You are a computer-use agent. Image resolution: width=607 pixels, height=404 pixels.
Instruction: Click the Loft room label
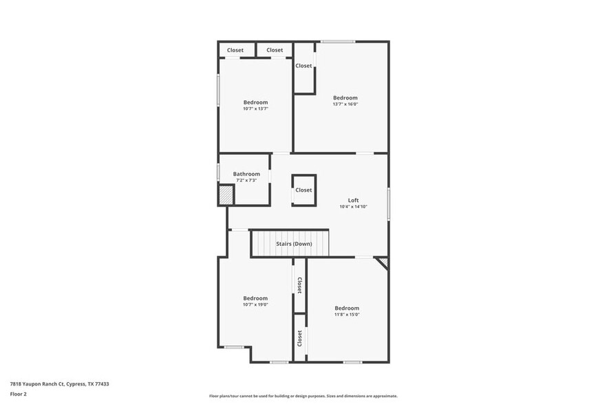pyautogui.click(x=353, y=200)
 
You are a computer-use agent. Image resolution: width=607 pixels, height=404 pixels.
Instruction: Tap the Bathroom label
pyautogui.click(x=246, y=174)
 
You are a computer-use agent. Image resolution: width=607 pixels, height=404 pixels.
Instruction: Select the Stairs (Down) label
pyautogui.click(x=294, y=244)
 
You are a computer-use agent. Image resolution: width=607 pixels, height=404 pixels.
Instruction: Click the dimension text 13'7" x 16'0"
pyautogui.click(x=345, y=104)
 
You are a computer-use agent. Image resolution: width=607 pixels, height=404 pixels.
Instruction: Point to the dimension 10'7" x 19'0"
pyautogui.click(x=255, y=304)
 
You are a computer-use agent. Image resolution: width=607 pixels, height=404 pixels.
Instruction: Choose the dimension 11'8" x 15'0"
pyautogui.click(x=347, y=315)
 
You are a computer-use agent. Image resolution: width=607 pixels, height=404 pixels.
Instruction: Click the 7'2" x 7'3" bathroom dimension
pyautogui.click(x=246, y=181)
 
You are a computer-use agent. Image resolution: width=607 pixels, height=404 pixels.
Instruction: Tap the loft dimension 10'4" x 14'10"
pyautogui.click(x=353, y=207)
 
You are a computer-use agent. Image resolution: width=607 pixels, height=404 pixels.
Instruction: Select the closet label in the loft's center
pyautogui.click(x=303, y=190)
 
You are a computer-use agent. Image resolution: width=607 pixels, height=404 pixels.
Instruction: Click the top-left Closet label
pyautogui.click(x=235, y=50)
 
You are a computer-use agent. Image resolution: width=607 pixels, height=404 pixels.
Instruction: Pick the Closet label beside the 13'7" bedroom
pyautogui.click(x=303, y=66)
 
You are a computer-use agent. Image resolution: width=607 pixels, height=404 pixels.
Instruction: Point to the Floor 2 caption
pyautogui.click(x=19, y=394)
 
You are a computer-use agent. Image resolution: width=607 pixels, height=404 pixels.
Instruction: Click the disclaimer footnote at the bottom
pyautogui.click(x=303, y=396)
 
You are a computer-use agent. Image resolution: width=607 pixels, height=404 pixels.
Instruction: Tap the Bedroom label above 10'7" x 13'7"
pyautogui.click(x=255, y=102)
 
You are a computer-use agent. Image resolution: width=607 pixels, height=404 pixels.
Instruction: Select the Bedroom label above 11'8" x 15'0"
pyautogui.click(x=347, y=308)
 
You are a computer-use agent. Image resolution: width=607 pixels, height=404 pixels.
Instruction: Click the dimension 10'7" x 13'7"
pyautogui.click(x=255, y=109)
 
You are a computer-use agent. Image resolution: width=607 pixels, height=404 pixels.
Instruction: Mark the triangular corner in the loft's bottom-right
pyautogui.click(x=383, y=262)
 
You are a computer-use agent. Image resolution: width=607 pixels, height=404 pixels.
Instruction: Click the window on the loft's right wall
pyautogui.click(x=388, y=204)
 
